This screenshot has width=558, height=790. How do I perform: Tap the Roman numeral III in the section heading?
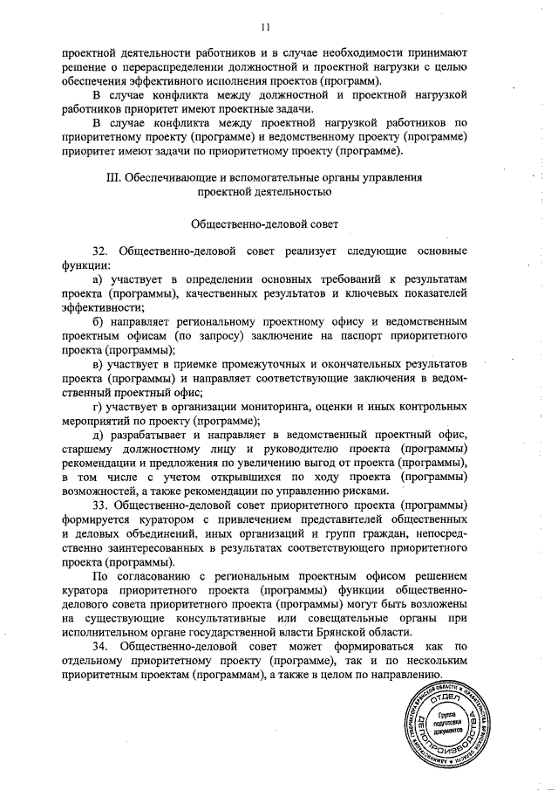[x=112, y=177]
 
